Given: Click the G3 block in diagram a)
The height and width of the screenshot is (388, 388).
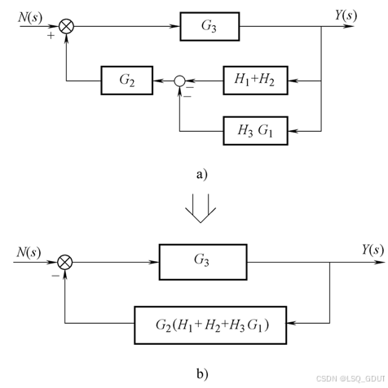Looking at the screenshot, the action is [209, 27].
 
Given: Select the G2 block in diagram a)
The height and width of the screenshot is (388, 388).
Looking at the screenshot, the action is [127, 81].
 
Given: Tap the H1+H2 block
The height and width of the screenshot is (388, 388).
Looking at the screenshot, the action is [255, 81].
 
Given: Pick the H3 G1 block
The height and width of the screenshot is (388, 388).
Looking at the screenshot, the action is [255, 131].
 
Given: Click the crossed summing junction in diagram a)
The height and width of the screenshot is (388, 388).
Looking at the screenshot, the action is [66, 27].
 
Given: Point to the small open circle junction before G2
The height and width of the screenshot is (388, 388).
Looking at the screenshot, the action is [179, 81].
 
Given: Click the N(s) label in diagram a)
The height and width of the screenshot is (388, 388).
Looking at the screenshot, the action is [30, 18].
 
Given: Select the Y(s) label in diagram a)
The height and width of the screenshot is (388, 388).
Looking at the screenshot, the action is [346, 15].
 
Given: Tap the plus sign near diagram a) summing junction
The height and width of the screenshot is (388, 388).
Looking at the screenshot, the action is [51, 36].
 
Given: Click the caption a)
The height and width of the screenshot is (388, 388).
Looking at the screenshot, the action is [201, 174].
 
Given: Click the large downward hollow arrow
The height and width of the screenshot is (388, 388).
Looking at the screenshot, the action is [201, 208].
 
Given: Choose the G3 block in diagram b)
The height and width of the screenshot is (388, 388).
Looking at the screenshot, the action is [203, 262].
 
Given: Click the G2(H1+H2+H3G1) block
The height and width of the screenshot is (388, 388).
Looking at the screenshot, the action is [210, 325].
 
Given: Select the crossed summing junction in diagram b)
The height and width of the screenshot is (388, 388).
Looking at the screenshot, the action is [65, 262].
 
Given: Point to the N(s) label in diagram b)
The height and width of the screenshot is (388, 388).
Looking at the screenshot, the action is [29, 252].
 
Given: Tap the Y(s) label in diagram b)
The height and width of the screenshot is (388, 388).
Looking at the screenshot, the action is [373, 250].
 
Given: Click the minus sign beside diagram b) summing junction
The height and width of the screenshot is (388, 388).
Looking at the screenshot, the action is [55, 276].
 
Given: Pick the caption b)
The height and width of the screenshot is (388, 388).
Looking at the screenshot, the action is [202, 374].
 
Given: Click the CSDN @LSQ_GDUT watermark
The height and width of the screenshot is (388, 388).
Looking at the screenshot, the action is [351, 378].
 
